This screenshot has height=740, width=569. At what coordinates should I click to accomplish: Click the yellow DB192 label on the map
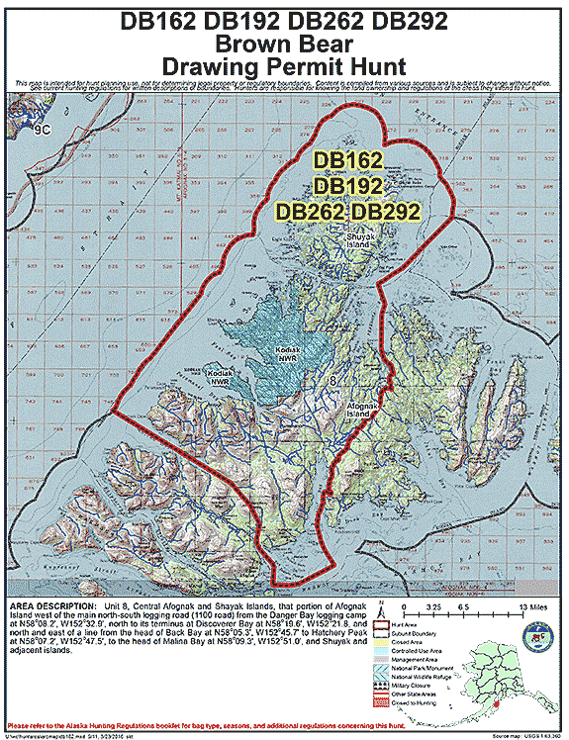348,185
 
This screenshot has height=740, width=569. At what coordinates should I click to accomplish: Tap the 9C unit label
41,128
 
